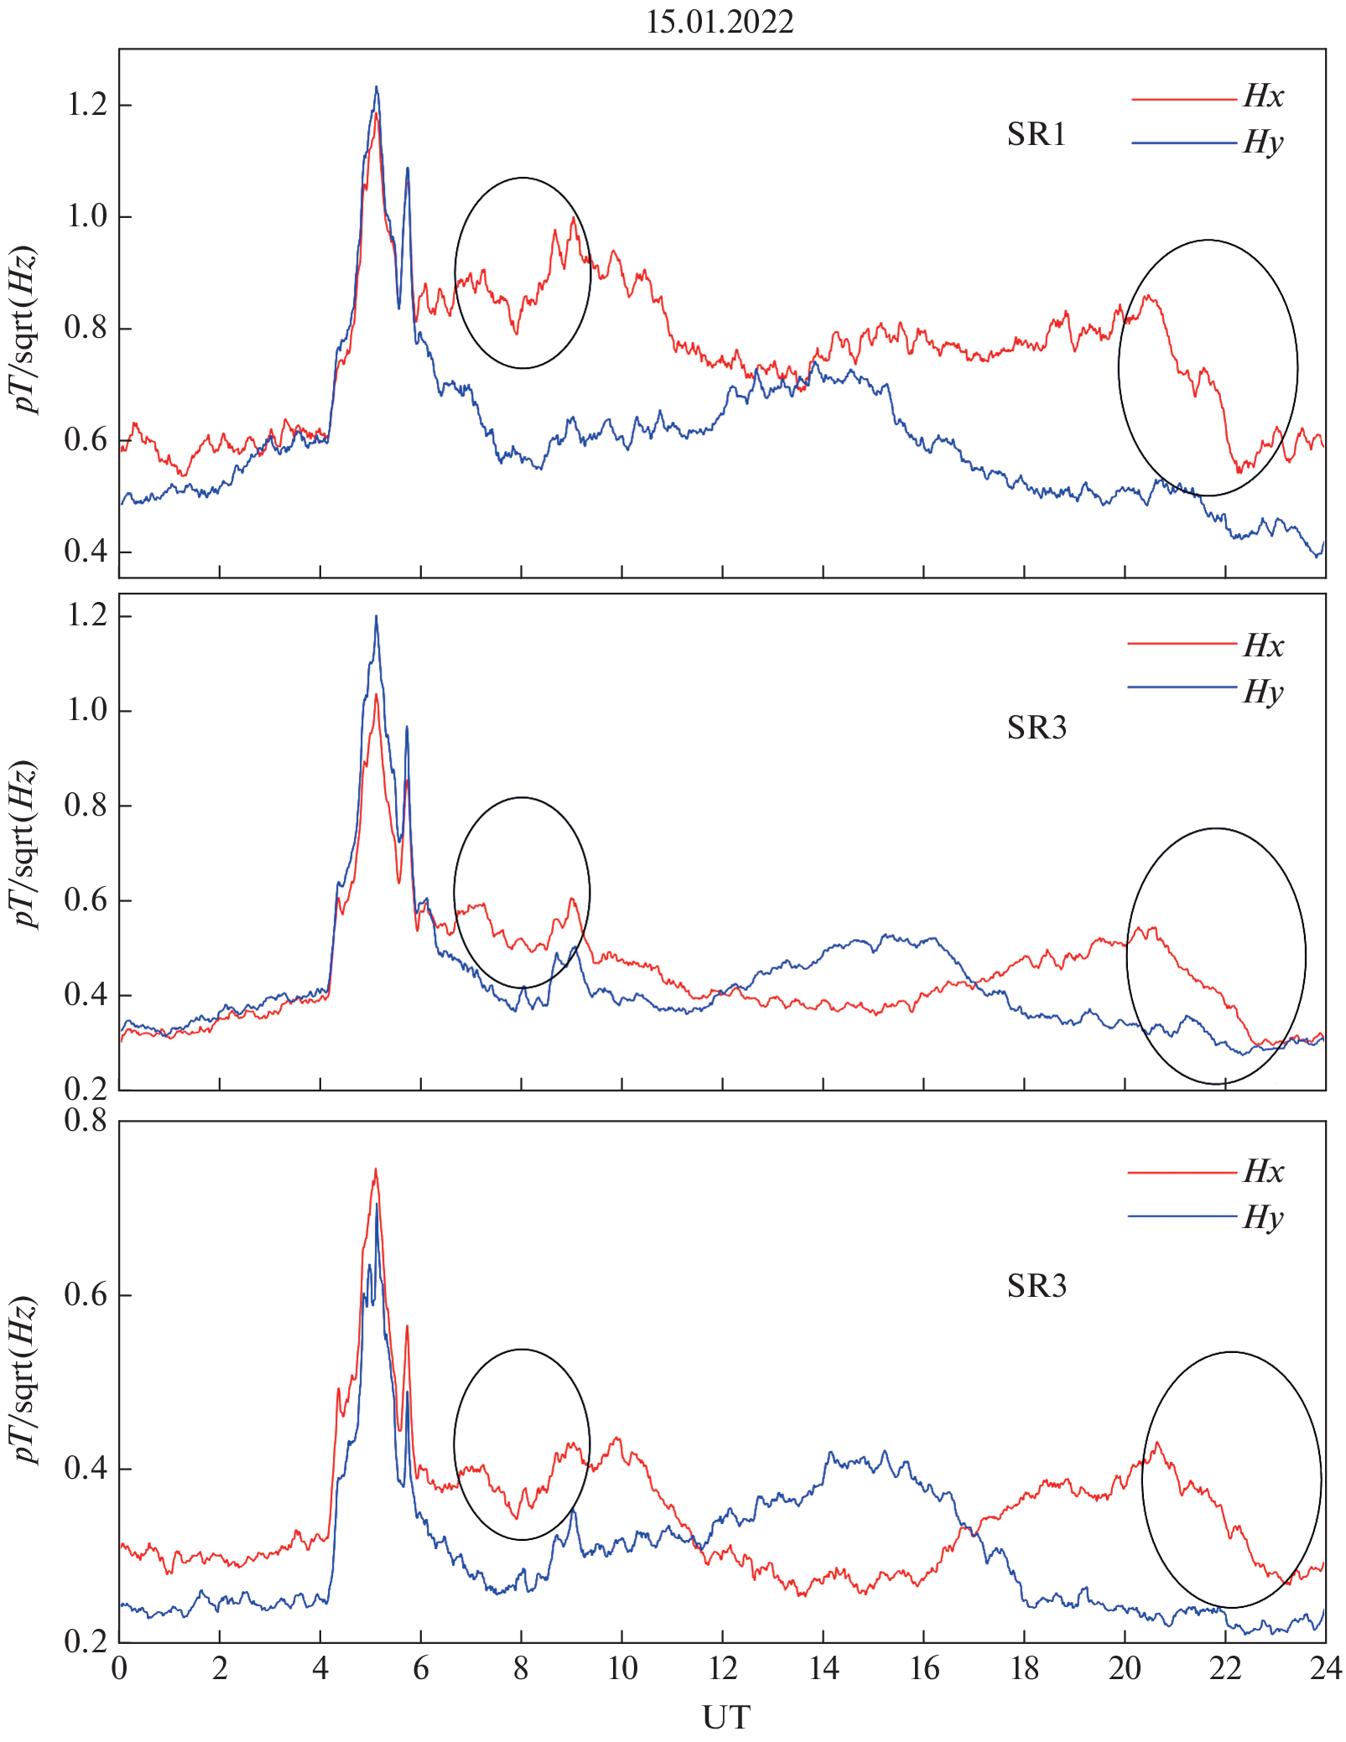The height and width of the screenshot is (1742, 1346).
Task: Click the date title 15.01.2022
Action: point(720,22)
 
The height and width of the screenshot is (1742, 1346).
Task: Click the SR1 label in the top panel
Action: point(1036,135)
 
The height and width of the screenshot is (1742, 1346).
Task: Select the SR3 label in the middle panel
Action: point(1037,728)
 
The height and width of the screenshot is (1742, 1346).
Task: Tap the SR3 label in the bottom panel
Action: point(1037,1286)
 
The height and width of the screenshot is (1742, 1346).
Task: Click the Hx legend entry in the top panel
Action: point(1263,97)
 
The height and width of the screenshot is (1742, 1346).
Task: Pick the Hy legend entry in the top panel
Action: point(1263,143)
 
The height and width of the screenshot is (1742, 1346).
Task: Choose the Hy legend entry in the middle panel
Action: point(1263,692)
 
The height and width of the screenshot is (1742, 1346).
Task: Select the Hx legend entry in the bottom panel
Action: point(1263,1171)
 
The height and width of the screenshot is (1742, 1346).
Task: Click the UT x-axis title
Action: point(725,1718)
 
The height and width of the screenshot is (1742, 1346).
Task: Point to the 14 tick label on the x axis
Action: point(824,1669)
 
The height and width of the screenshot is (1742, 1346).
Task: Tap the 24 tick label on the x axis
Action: point(1325,1669)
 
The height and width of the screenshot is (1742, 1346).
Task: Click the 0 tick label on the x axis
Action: point(120,1669)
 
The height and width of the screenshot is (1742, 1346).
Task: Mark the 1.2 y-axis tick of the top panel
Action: point(86,105)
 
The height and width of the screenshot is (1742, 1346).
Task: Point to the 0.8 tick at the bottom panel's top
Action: point(86,1120)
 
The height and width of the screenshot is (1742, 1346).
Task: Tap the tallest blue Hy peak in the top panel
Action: point(377,87)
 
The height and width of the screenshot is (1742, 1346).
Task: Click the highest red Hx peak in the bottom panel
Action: point(376,1169)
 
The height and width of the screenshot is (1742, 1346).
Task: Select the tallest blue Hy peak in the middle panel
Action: point(376,617)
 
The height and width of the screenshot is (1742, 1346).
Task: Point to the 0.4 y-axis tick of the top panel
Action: point(86,552)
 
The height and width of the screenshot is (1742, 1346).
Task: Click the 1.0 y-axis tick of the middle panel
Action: point(86,710)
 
